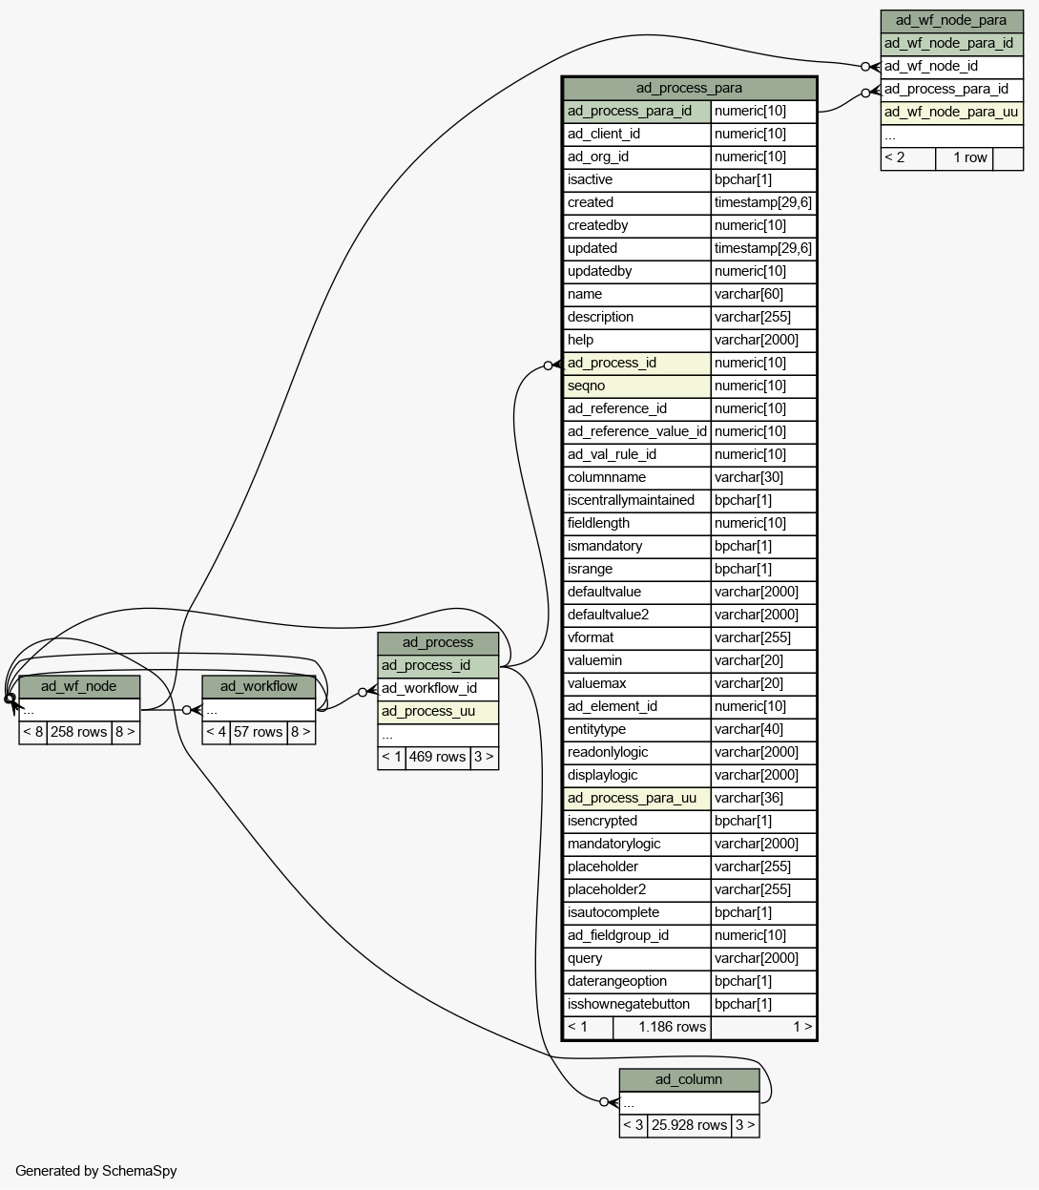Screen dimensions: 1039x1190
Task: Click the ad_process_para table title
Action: click(x=689, y=89)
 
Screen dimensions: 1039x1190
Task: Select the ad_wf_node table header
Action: click(x=79, y=687)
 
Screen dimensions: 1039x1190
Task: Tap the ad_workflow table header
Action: click(x=259, y=687)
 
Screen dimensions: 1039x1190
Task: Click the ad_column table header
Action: click(x=689, y=1080)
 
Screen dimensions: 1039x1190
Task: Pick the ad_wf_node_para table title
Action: click(x=952, y=21)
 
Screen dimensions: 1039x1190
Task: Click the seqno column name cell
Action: click(x=637, y=386)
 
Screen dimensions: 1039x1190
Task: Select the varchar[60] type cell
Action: click(x=763, y=295)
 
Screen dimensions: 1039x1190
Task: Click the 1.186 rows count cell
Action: click(x=661, y=1028)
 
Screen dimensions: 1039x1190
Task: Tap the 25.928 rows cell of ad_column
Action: click(x=689, y=1126)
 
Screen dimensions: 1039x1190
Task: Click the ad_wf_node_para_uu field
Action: click(x=952, y=113)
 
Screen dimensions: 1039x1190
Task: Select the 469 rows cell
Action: click(x=438, y=758)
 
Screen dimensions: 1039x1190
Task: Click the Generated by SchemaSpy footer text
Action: click(x=96, y=1171)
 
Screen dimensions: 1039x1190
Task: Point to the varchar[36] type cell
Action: click(x=763, y=799)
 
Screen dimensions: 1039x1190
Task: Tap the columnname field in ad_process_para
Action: click(x=637, y=478)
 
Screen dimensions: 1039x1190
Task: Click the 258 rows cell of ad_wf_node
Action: click(x=79, y=733)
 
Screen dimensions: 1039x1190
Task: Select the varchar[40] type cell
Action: click(x=763, y=730)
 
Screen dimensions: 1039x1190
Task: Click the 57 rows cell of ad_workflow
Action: click(x=259, y=733)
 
